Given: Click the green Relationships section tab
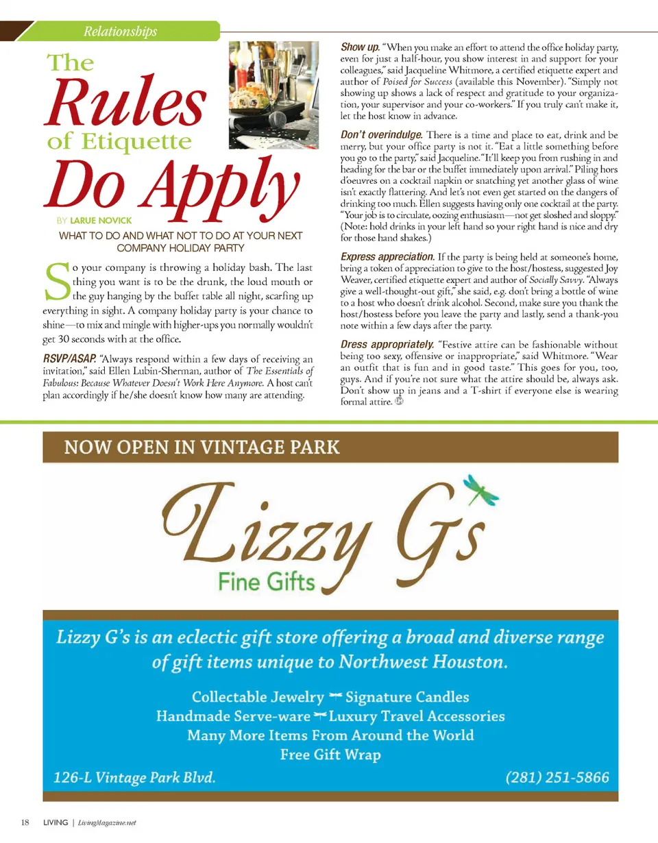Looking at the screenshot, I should tap(120, 31).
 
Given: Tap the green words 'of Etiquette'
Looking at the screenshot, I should tap(119, 143).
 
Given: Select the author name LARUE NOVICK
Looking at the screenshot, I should tap(101, 221).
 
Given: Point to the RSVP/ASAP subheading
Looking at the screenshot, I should tap(69, 358).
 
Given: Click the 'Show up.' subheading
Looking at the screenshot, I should tap(360, 47).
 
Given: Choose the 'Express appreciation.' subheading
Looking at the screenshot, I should tap(387, 256).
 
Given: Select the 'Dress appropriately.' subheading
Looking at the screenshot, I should tap(387, 344).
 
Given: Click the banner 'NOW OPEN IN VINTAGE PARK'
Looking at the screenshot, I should tap(202, 448).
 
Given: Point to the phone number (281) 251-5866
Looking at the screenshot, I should tap(557, 777).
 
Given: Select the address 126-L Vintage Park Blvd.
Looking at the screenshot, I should tap(135, 777).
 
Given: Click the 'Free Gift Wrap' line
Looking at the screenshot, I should tap(330, 755).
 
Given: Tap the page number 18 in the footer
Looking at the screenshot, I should tap(25, 822).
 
